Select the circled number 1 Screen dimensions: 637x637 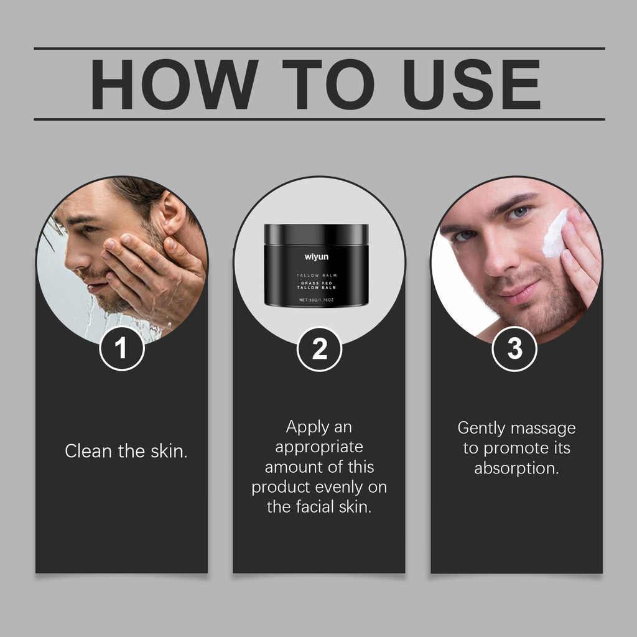(x=122, y=349)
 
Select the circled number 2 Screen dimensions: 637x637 (x=319, y=349)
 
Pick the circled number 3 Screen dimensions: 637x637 (x=515, y=349)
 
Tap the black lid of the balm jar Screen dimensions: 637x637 (x=316, y=234)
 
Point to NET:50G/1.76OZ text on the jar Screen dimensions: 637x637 (x=316, y=300)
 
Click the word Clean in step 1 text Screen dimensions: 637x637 (x=88, y=452)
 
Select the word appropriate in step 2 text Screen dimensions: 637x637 (x=318, y=447)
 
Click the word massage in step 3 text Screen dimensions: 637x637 (x=542, y=428)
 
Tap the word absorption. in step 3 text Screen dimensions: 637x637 (x=516, y=468)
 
